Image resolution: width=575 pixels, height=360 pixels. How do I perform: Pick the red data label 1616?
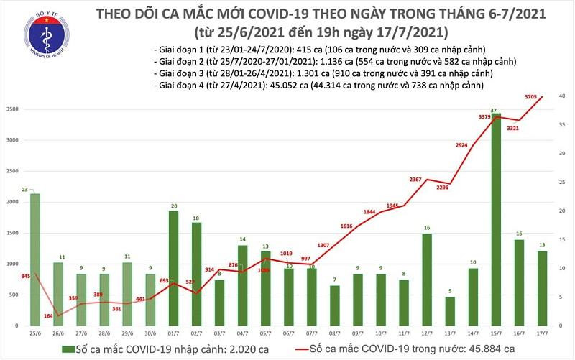346,226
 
